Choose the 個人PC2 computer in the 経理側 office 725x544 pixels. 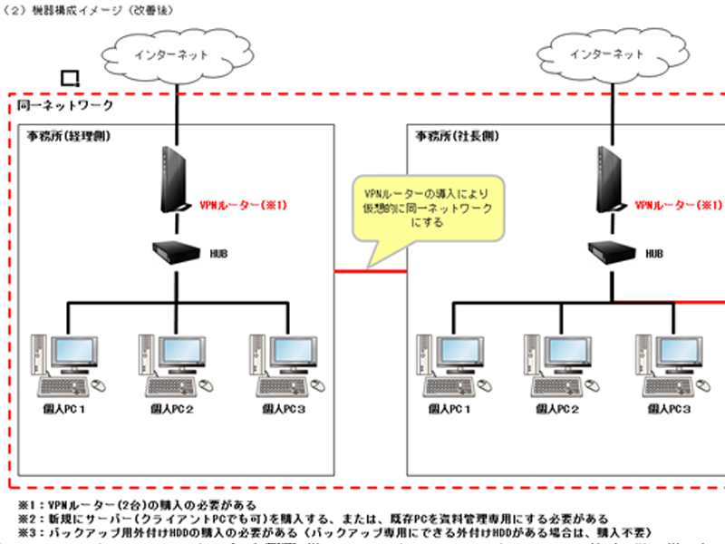coord(174,363)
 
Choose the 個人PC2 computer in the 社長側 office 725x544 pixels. coord(557,363)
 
